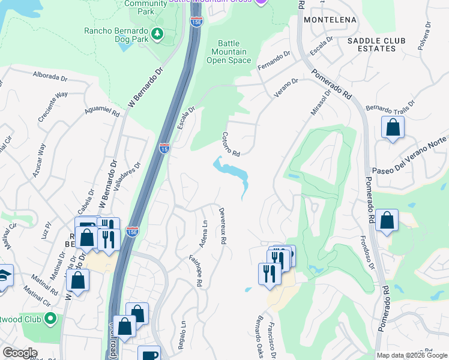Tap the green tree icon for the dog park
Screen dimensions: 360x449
158,34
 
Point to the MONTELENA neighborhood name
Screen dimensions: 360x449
330,20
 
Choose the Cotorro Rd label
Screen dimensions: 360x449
231,144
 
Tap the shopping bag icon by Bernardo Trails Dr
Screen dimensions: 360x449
393,127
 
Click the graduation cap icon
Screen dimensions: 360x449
4,276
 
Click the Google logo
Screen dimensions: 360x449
20,353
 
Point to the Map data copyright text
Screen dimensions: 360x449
411,355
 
